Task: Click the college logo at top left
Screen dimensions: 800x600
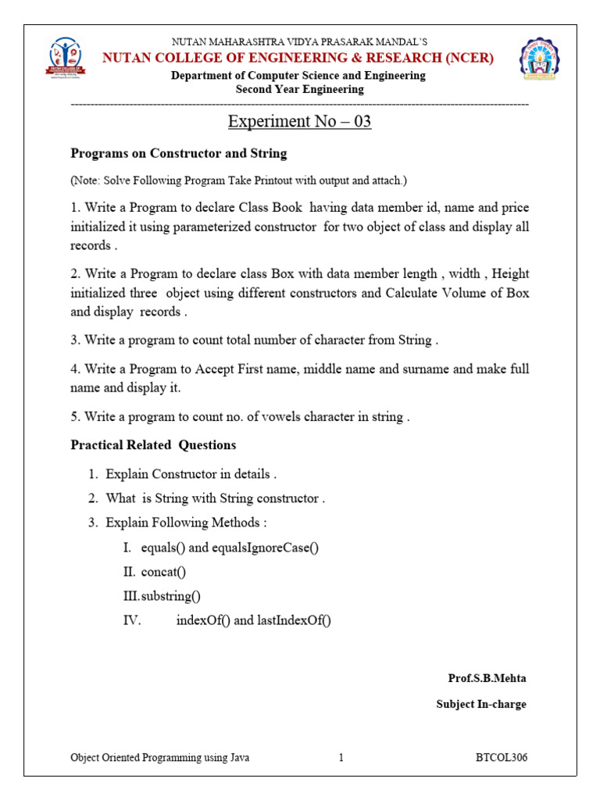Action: (x=66, y=58)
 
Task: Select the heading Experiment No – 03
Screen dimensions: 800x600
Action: (x=299, y=122)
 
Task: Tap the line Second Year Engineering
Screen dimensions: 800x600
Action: (x=299, y=89)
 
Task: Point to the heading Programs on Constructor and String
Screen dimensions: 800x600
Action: (x=179, y=153)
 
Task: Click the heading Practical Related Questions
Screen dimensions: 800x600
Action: (x=153, y=445)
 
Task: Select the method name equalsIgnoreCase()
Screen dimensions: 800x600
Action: (x=266, y=548)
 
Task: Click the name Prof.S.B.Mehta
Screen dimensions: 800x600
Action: (x=487, y=678)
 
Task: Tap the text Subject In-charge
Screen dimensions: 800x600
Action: (x=481, y=704)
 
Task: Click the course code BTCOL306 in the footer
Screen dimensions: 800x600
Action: (x=502, y=758)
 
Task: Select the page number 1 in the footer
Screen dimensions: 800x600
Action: (x=341, y=758)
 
